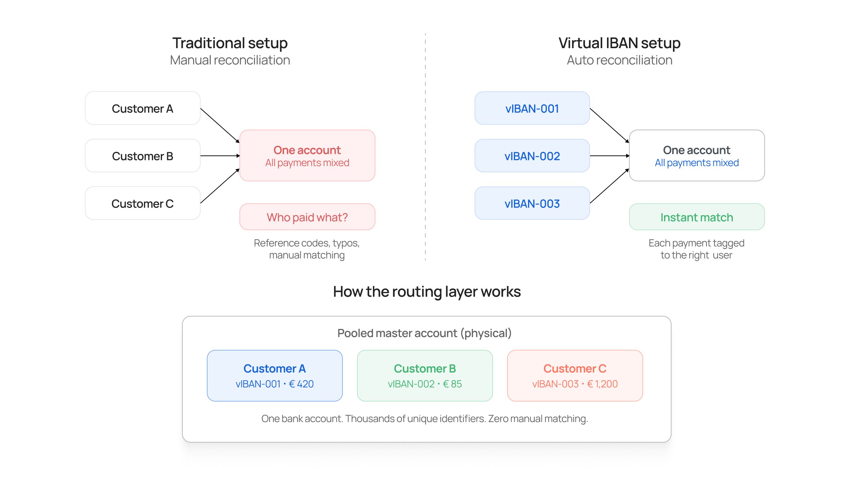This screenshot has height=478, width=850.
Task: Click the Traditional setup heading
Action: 230,43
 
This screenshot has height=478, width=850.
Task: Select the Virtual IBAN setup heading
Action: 619,43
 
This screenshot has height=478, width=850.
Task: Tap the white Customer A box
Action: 143,108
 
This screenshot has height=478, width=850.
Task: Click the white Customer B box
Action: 143,156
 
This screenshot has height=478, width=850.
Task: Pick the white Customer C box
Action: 143,203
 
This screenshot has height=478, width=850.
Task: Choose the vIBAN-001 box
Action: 532,108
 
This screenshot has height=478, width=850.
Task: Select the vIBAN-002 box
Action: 532,156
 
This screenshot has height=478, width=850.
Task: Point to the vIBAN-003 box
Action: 532,203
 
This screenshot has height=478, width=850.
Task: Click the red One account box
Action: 307,155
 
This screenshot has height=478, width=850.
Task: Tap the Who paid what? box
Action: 307,217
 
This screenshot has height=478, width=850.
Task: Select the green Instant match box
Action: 697,217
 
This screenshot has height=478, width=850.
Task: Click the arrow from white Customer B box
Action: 220,156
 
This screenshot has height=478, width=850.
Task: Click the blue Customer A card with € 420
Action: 274,376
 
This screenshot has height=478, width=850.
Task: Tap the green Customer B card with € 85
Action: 425,376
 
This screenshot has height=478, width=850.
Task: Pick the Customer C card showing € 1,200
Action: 575,376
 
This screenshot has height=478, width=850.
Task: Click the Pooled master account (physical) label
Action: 424,333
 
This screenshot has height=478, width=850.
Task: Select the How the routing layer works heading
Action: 427,292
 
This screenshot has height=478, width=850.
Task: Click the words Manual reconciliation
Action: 230,60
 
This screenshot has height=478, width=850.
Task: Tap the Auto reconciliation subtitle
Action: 619,60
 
